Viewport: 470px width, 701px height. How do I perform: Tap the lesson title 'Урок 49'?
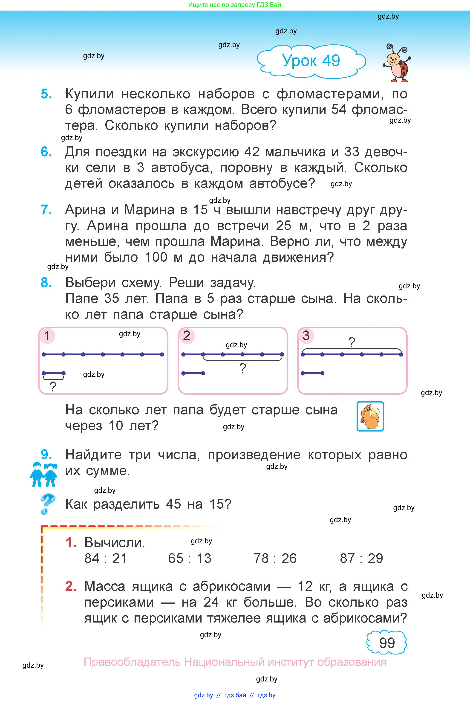pos(311,61)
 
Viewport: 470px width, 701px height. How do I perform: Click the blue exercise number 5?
pos(46,94)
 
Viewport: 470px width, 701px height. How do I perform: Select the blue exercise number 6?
pos(46,152)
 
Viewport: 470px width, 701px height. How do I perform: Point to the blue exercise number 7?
pos(46,210)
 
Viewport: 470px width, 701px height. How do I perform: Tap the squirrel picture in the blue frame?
pos(370,417)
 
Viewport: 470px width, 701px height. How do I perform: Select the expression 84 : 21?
pos(106,559)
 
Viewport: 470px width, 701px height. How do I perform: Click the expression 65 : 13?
pos(190,559)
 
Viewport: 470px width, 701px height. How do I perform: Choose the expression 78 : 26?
pos(275,559)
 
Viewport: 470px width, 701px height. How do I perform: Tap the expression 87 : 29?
pos(361,559)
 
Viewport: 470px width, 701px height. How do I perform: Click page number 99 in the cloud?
pos(387,643)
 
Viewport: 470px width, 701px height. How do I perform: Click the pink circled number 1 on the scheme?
pos(47,336)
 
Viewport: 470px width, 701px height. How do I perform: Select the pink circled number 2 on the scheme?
pos(186,336)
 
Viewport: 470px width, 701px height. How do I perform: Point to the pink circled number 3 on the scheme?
pos(306,336)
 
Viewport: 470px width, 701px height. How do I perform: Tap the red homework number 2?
pos(70,586)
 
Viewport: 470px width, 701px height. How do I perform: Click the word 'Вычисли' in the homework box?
pos(115,542)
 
